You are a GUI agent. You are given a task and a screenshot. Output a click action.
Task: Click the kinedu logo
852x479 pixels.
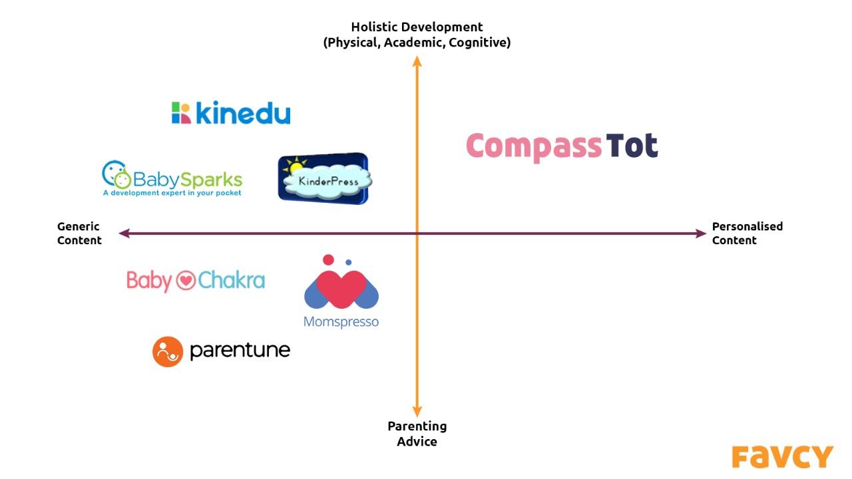click(x=231, y=112)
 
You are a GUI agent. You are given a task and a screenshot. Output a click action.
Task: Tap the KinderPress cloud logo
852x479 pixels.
click(x=324, y=178)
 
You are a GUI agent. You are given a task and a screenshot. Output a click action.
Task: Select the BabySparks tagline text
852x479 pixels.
click(x=172, y=193)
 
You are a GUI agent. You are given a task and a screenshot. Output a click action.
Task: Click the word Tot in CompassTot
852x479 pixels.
click(x=632, y=146)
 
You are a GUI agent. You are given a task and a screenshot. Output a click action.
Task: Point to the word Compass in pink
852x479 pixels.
click(x=534, y=148)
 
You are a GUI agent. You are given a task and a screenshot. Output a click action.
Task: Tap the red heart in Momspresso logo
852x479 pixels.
click(x=341, y=289)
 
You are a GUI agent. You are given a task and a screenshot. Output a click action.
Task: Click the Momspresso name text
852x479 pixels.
click(x=341, y=322)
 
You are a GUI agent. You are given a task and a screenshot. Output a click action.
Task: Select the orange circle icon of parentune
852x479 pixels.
click(x=168, y=352)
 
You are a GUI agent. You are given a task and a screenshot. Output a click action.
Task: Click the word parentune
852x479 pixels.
click(x=240, y=350)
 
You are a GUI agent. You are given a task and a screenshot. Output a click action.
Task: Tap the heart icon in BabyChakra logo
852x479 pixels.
click(x=186, y=281)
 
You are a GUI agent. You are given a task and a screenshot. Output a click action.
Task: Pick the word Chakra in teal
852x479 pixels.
click(x=231, y=280)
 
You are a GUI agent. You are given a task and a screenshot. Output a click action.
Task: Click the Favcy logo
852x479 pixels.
click(x=782, y=457)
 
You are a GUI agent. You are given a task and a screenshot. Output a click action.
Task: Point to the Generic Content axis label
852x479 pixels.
click(x=79, y=234)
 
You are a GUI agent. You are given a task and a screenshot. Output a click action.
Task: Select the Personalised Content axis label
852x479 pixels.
click(x=747, y=234)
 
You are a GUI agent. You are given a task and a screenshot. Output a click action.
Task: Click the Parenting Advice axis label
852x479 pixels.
click(x=417, y=434)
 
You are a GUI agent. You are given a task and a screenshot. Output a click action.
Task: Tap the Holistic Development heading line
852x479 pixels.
click(x=417, y=27)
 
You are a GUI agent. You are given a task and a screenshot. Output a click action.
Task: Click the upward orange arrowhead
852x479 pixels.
click(x=417, y=61)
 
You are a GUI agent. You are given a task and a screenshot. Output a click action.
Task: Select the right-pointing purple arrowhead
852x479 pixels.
click(x=701, y=234)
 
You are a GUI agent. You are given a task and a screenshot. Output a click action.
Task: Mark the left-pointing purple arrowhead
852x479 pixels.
click(x=124, y=234)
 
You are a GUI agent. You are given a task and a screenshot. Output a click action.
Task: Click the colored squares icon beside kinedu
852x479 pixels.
click(x=181, y=112)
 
